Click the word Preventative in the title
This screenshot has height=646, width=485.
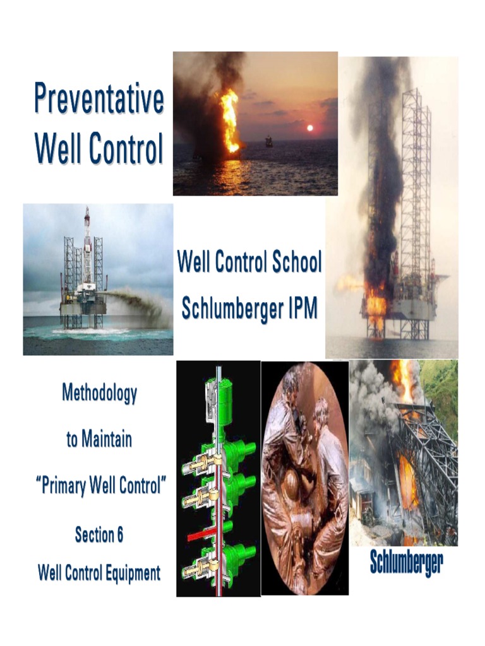pos(99,99)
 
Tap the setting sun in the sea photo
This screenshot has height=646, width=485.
pos(309,128)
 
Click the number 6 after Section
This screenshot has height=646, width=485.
pos(119,536)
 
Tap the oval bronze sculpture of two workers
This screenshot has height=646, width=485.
pos(304,479)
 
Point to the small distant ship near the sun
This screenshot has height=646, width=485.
pos(269,141)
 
